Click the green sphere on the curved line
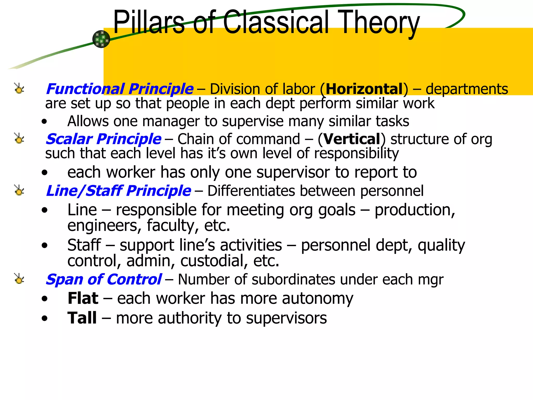point(101,39)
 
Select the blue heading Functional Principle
point(119,89)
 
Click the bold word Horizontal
point(364,89)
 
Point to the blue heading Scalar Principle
point(103,139)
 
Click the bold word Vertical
point(352,139)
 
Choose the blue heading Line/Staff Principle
point(118,191)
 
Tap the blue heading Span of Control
point(104,279)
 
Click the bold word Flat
point(83,298)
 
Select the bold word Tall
point(82,318)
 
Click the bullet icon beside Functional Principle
point(19,89)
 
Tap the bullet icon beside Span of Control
point(19,279)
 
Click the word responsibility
point(356,154)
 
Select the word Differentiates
point(251,191)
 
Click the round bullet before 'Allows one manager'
point(45,122)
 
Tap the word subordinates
point(293,280)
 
